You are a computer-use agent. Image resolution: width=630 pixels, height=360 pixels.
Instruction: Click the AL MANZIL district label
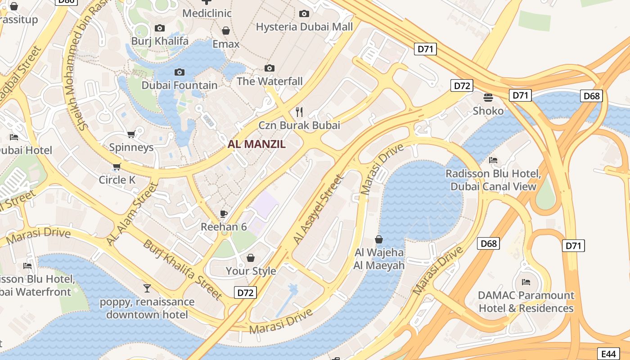257,144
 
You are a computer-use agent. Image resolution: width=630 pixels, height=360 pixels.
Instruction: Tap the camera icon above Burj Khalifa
159,28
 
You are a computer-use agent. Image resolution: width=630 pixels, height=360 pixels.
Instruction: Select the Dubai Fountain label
180,85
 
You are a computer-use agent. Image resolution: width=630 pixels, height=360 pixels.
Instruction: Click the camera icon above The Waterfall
270,68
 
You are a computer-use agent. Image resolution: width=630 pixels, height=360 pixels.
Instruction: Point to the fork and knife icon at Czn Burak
299,112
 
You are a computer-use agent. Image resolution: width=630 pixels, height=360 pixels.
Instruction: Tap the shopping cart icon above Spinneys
131,134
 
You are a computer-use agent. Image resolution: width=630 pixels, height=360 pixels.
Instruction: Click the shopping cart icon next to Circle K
117,167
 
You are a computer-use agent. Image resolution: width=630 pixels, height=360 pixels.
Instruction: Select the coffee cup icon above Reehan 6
224,214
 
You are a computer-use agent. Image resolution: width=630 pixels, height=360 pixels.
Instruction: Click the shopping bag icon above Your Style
251,258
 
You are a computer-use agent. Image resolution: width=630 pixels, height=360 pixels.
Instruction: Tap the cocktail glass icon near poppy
147,288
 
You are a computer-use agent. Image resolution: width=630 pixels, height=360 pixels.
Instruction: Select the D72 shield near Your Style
245,292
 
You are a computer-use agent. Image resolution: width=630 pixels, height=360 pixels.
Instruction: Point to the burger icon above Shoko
488,97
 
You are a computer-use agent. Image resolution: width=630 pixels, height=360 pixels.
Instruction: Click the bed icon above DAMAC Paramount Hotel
526,282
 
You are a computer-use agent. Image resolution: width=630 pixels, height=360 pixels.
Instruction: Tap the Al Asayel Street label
318,209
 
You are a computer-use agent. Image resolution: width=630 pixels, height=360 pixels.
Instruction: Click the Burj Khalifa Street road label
182,270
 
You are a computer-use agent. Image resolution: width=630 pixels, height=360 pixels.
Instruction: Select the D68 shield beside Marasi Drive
488,243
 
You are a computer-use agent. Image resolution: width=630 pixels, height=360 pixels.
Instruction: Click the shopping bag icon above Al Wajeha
379,239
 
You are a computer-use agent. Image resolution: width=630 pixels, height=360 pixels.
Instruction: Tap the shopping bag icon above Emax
226,31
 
